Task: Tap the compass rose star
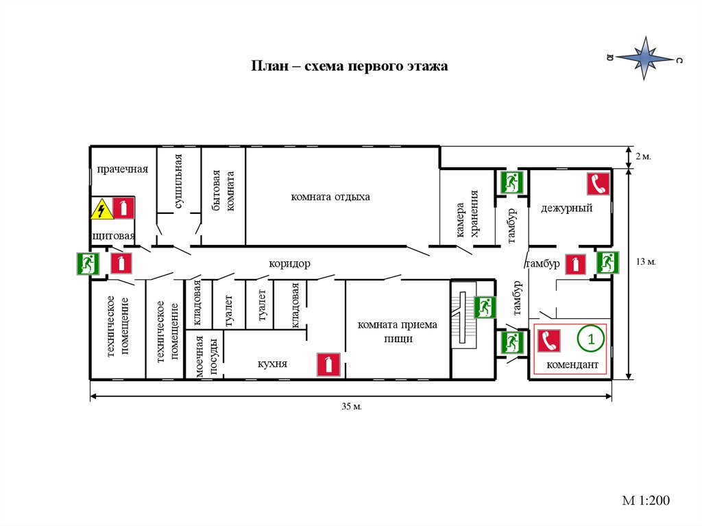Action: tap(644, 59)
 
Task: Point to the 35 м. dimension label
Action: tap(351, 407)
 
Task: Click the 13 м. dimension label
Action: tap(646, 262)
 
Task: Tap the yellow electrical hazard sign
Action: tap(102, 208)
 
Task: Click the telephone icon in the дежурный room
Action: tap(598, 184)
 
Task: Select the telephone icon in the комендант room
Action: tap(550, 341)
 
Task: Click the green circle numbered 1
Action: tap(590, 337)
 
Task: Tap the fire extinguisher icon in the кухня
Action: tap(328, 365)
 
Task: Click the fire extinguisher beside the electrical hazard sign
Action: tap(123, 208)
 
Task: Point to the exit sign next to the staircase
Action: tap(484, 307)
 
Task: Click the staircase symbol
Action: tap(463, 318)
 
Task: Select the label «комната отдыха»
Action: tap(330, 197)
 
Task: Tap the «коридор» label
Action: tap(289, 263)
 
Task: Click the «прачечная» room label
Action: tap(123, 169)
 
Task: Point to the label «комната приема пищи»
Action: tap(397, 331)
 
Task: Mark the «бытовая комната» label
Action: tap(224, 190)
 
